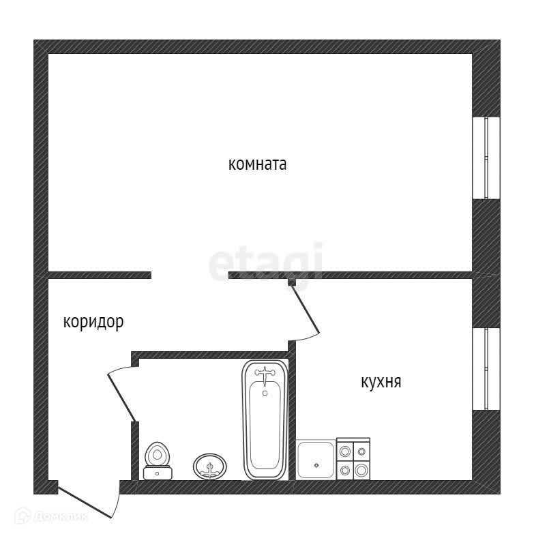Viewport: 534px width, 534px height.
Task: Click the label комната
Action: point(257,164)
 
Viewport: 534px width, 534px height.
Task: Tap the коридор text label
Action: point(93,322)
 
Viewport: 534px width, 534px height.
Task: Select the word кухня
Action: point(381,382)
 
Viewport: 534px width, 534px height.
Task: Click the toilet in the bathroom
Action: point(158,458)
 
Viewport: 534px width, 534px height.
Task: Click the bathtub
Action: point(264,419)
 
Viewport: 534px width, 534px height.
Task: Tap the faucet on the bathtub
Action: point(264,374)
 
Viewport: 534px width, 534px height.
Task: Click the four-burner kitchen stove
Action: point(353,458)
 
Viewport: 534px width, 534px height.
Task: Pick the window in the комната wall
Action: point(486,158)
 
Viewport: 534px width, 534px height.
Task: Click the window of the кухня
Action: point(486,368)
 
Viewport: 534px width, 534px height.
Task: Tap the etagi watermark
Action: point(265,263)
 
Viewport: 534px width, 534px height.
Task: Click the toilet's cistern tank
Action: point(158,472)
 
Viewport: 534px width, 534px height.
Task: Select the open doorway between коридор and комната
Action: point(190,275)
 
